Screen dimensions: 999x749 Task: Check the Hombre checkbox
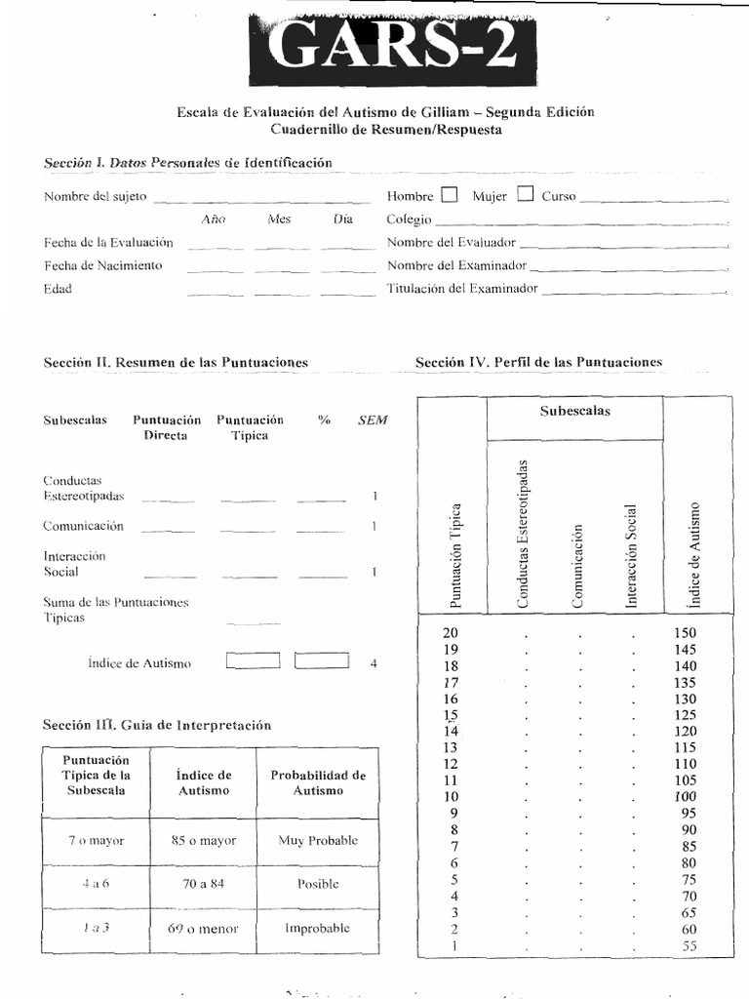tap(449, 194)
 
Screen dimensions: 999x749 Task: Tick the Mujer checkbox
tap(526, 194)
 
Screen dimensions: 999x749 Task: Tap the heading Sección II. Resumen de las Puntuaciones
tap(176, 362)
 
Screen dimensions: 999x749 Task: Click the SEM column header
tap(373, 420)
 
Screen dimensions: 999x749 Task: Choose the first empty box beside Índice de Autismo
tap(253, 661)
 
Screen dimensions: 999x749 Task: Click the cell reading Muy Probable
tap(318, 840)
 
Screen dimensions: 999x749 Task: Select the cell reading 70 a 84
tap(204, 884)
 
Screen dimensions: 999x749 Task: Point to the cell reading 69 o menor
tap(203, 928)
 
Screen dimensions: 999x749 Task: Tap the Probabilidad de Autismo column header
tap(318, 783)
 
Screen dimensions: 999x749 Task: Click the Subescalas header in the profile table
tap(574, 411)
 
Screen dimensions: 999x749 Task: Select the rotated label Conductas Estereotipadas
tap(523, 536)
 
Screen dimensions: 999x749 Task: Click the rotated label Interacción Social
tap(631, 556)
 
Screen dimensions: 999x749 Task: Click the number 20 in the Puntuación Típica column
tap(451, 632)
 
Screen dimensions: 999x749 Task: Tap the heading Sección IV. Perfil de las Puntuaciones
tap(538, 362)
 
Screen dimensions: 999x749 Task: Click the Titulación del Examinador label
tap(461, 289)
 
